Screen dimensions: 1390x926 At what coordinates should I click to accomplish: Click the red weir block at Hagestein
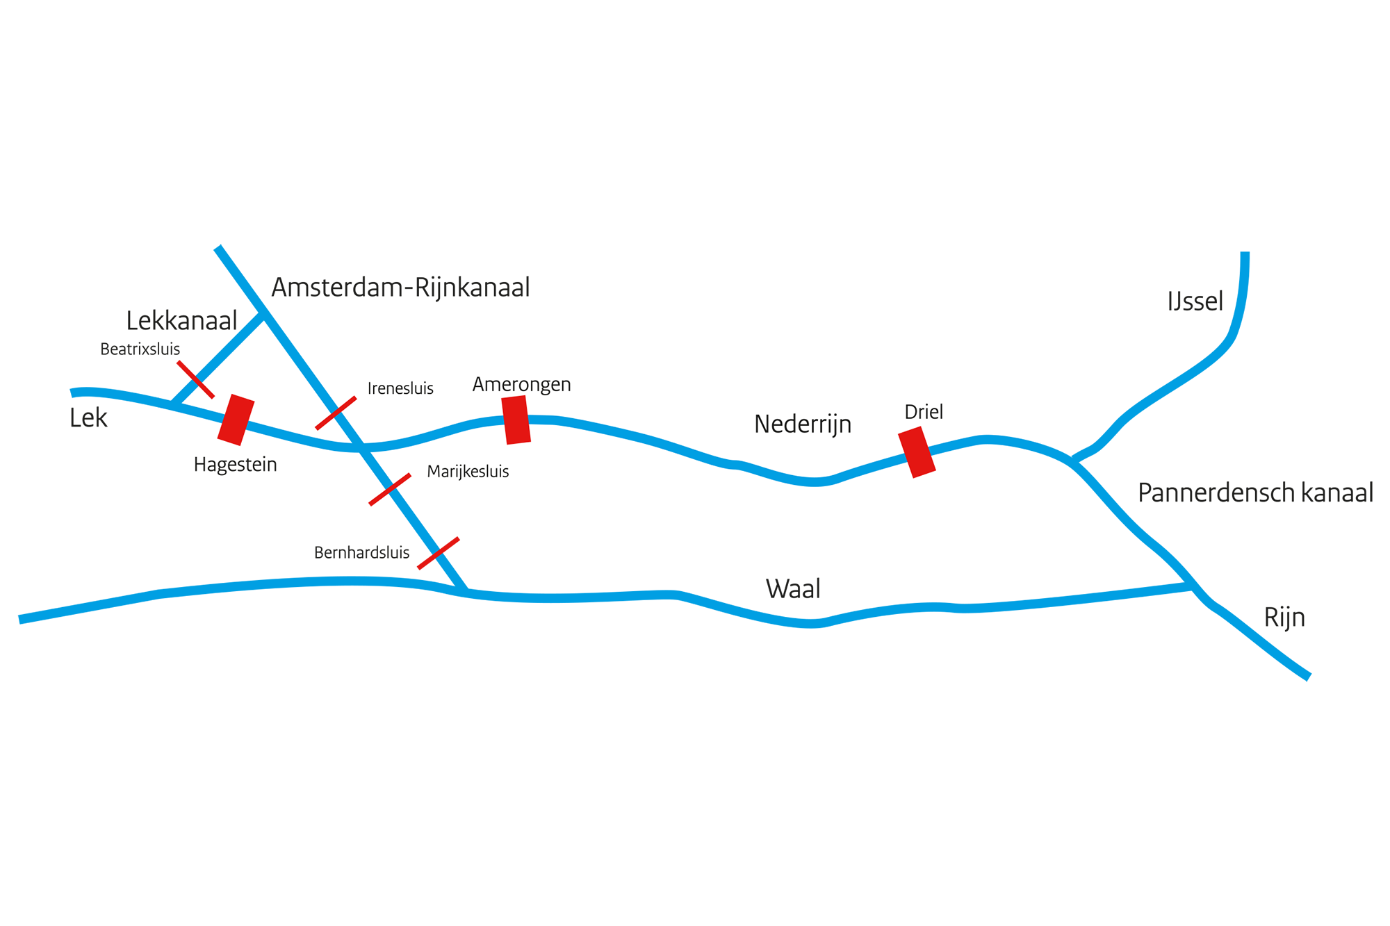[236, 420]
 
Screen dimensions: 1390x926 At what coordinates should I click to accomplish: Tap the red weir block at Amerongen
[516, 420]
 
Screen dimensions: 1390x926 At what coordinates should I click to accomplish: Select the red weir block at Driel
[917, 452]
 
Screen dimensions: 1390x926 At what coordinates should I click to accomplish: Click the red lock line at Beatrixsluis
[195, 379]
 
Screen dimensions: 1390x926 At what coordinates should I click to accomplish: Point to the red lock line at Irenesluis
[336, 413]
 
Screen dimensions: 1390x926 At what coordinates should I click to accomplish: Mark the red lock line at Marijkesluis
[390, 490]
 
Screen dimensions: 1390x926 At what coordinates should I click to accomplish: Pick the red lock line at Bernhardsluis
[439, 553]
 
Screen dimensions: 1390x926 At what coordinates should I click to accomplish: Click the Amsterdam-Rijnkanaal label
[400, 288]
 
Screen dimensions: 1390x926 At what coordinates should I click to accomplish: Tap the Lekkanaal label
[181, 320]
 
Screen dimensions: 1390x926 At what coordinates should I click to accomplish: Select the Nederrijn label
[803, 424]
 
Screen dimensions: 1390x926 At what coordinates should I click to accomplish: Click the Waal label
[793, 589]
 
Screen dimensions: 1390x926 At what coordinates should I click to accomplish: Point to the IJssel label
[1195, 301]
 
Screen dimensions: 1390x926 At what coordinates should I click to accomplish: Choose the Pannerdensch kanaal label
[1255, 493]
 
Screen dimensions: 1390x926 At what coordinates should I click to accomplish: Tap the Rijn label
[1284, 618]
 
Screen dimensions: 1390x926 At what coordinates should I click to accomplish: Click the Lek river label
[88, 418]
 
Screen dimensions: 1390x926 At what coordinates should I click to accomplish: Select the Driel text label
[924, 412]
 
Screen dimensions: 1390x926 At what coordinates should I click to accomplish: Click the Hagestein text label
[235, 465]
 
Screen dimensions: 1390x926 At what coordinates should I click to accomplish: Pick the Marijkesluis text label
[468, 472]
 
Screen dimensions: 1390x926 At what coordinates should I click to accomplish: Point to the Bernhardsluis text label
[361, 553]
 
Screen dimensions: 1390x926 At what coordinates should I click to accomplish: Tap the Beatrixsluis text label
[140, 349]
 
